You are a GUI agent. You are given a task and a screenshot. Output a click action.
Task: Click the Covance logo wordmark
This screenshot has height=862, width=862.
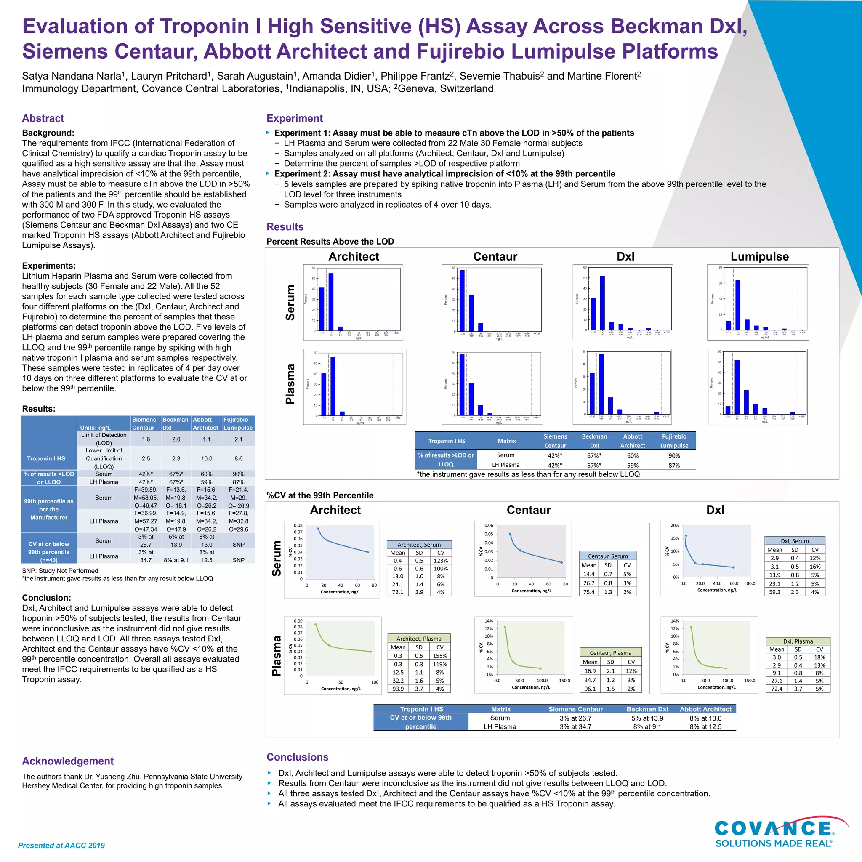[773, 828]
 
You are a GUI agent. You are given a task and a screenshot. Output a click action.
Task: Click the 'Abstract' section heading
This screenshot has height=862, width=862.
[43, 118]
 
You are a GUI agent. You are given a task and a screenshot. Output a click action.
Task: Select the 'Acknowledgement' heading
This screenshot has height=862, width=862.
[68, 761]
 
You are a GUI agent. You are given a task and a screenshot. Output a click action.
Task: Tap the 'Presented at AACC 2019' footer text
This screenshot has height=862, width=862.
[61, 846]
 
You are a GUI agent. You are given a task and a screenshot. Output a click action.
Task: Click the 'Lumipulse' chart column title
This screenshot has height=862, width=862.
[759, 257]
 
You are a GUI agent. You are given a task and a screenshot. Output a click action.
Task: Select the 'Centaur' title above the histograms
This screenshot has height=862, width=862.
[495, 257]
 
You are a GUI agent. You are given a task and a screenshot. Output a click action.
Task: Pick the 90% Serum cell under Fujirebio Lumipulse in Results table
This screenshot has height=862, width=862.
[674, 455]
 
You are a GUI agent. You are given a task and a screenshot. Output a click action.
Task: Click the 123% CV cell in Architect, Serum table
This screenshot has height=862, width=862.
[440, 561]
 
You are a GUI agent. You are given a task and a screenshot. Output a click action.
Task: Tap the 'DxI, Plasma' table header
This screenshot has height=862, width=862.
[798, 641]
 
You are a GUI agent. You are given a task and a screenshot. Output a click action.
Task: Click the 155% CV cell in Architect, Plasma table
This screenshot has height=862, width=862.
[439, 656]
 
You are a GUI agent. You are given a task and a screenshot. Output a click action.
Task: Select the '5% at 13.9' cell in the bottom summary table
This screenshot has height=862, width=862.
[647, 718]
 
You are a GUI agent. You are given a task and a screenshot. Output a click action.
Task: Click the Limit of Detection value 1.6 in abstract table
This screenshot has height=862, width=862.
[146, 439]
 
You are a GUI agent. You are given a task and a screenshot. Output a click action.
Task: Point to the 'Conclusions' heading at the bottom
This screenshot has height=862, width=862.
[297, 757]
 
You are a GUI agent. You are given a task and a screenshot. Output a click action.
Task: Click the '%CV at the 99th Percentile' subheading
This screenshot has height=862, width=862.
[320, 495]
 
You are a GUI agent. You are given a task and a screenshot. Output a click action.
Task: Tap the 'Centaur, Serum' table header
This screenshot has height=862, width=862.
[608, 556]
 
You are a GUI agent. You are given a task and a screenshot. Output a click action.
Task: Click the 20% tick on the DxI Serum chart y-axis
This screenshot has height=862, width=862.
[675, 526]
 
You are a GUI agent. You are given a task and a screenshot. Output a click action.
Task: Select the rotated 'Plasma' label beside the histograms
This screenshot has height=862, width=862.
[290, 384]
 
